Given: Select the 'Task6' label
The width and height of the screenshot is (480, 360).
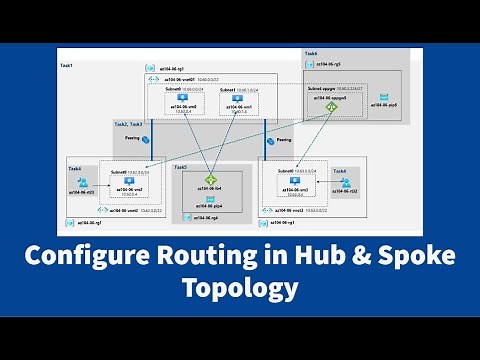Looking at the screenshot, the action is click(x=310, y=53).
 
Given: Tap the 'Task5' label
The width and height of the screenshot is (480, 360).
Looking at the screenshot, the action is click(x=180, y=168).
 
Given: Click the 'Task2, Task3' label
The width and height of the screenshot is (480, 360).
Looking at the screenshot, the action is click(x=129, y=124).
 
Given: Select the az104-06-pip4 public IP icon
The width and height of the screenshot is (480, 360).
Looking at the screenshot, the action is click(x=210, y=199).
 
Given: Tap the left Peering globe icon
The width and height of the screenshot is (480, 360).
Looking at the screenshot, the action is click(x=145, y=140).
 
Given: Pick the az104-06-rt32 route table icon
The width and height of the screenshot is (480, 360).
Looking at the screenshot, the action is click(x=346, y=183).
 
